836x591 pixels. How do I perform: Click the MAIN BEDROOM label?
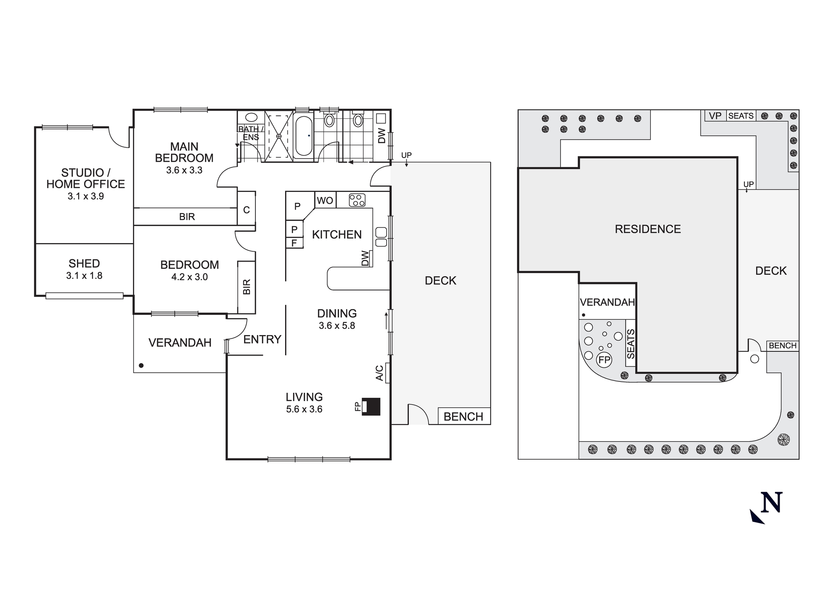pyautogui.click(x=184, y=152)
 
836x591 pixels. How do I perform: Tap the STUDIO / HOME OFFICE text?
pyautogui.click(x=86, y=178)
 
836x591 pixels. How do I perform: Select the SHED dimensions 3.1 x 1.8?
pyautogui.click(x=84, y=276)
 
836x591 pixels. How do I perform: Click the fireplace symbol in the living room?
pyautogui.click(x=371, y=406)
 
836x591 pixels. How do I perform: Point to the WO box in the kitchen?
pyautogui.click(x=325, y=200)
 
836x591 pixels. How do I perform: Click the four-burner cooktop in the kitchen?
pyautogui.click(x=357, y=200)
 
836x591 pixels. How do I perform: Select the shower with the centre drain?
pyautogui.click(x=279, y=136)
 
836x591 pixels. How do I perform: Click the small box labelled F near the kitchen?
pyautogui.click(x=294, y=243)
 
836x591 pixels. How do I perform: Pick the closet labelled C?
pyautogui.click(x=247, y=210)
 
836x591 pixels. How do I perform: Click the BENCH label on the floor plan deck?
pyautogui.click(x=463, y=417)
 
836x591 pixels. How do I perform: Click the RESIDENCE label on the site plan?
pyautogui.click(x=647, y=229)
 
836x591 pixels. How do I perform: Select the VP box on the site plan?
pyautogui.click(x=715, y=116)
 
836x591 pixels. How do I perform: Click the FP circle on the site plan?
pyautogui.click(x=604, y=360)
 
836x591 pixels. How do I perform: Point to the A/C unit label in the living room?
pyautogui.click(x=380, y=373)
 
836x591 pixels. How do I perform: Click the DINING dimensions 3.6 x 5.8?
pyautogui.click(x=337, y=325)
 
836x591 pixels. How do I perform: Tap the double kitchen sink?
pyautogui.click(x=381, y=237)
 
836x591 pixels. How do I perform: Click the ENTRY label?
pyautogui.click(x=262, y=339)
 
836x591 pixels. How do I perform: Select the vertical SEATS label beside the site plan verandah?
pyautogui.click(x=631, y=344)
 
